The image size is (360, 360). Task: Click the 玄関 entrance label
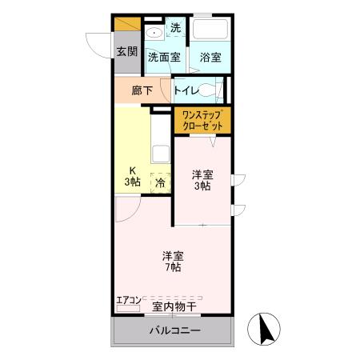[126, 52]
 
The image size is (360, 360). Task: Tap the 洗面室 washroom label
[164, 58]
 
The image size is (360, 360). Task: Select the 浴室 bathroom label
[210, 58]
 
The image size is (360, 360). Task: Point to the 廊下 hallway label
[142, 90]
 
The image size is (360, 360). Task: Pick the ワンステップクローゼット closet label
[202, 122]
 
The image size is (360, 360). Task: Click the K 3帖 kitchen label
[132, 175]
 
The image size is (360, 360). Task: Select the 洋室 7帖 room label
[173, 262]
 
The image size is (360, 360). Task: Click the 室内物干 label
[174, 306]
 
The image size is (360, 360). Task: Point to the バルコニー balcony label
[174, 330]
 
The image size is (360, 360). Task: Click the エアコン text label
[128, 300]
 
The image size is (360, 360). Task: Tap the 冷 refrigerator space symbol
[161, 182]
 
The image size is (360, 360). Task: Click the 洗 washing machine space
[175, 28]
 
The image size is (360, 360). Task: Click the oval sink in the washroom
[154, 34]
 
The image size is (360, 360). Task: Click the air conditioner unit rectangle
[128, 308]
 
